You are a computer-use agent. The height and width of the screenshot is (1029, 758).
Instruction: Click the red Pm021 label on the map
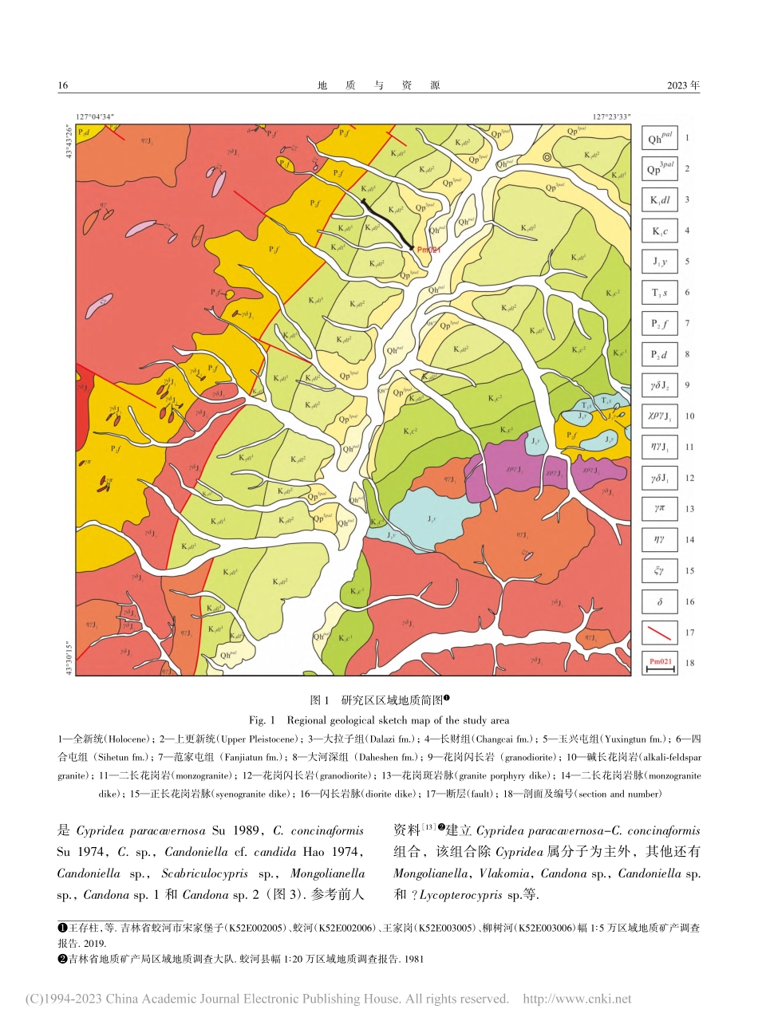tap(428, 250)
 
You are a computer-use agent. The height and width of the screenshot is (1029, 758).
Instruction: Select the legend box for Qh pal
tap(660, 138)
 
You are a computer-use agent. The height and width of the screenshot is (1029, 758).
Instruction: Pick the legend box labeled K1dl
tap(660, 200)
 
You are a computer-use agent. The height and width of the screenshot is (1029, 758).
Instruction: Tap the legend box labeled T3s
tap(660, 293)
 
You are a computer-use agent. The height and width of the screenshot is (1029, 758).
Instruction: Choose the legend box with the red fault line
tap(660, 633)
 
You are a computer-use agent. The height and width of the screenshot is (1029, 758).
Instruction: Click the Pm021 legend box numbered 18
tap(660, 664)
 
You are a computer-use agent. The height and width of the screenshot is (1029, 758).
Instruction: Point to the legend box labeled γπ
tap(660, 509)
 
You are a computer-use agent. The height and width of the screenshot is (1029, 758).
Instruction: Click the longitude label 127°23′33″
tap(611, 116)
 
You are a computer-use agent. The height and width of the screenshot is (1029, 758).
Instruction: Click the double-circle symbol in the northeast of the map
tap(547, 158)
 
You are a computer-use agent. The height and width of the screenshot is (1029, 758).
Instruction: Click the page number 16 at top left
tap(63, 85)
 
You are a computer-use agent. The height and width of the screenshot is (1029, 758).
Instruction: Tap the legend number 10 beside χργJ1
tap(689, 416)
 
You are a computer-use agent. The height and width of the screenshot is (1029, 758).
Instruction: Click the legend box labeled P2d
tap(660, 355)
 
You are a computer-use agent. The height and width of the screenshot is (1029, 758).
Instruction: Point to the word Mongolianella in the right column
tap(431, 873)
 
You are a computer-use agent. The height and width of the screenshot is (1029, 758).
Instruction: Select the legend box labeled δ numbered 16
tap(660, 602)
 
